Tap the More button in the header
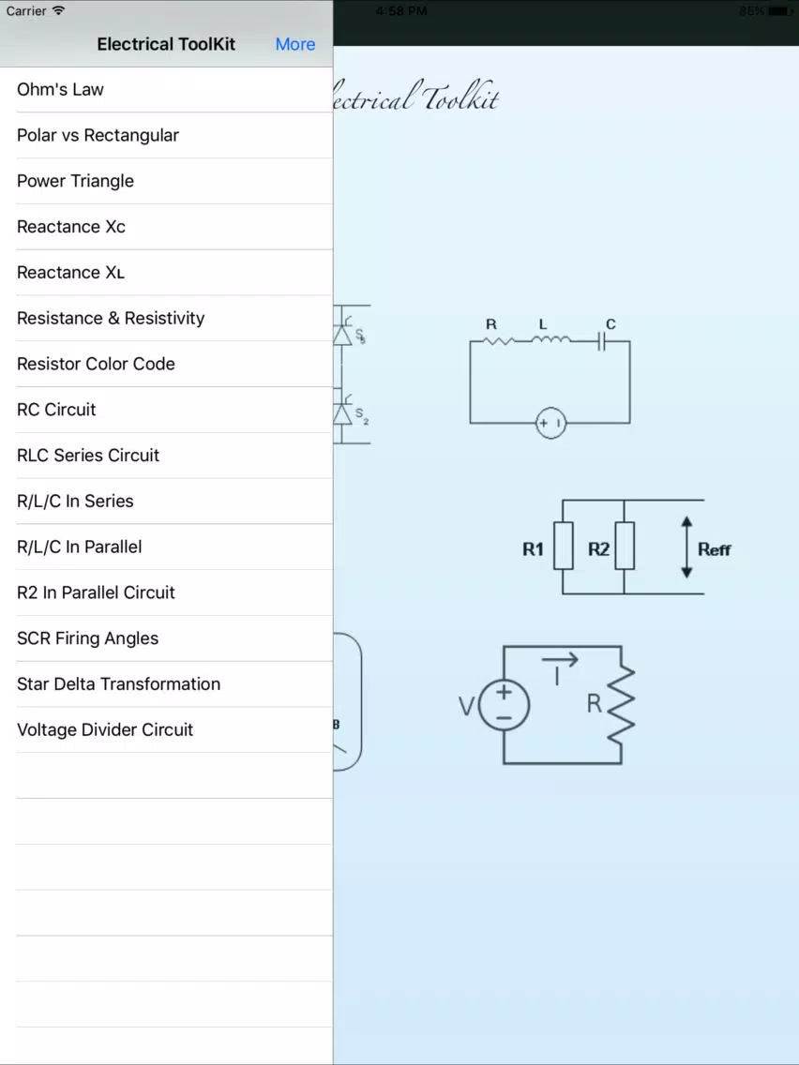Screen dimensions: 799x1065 (x=294, y=44)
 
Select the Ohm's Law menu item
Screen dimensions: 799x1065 (x=60, y=90)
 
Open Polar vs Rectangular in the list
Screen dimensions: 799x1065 (x=98, y=135)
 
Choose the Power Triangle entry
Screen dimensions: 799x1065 (x=75, y=181)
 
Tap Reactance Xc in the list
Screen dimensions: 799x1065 (x=71, y=227)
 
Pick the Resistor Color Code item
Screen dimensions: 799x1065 (x=96, y=364)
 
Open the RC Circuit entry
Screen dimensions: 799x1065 (x=56, y=410)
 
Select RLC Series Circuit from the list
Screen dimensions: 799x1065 (x=88, y=455)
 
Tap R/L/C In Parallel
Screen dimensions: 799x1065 (x=80, y=547)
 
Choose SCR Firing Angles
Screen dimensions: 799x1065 (x=87, y=638)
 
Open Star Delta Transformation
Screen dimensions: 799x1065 (x=119, y=684)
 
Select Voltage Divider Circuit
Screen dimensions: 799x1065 (x=105, y=729)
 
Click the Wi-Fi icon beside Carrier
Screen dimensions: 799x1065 (x=58, y=10)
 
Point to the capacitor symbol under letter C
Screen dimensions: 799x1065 (x=601, y=341)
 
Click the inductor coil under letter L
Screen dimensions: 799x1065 (x=551, y=337)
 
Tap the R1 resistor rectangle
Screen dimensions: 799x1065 (x=564, y=546)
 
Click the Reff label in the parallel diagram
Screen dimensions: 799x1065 (x=714, y=549)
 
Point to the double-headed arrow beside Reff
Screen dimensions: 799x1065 (x=686, y=547)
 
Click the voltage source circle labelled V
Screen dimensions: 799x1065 (x=505, y=705)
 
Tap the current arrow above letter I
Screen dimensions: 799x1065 (x=560, y=659)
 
